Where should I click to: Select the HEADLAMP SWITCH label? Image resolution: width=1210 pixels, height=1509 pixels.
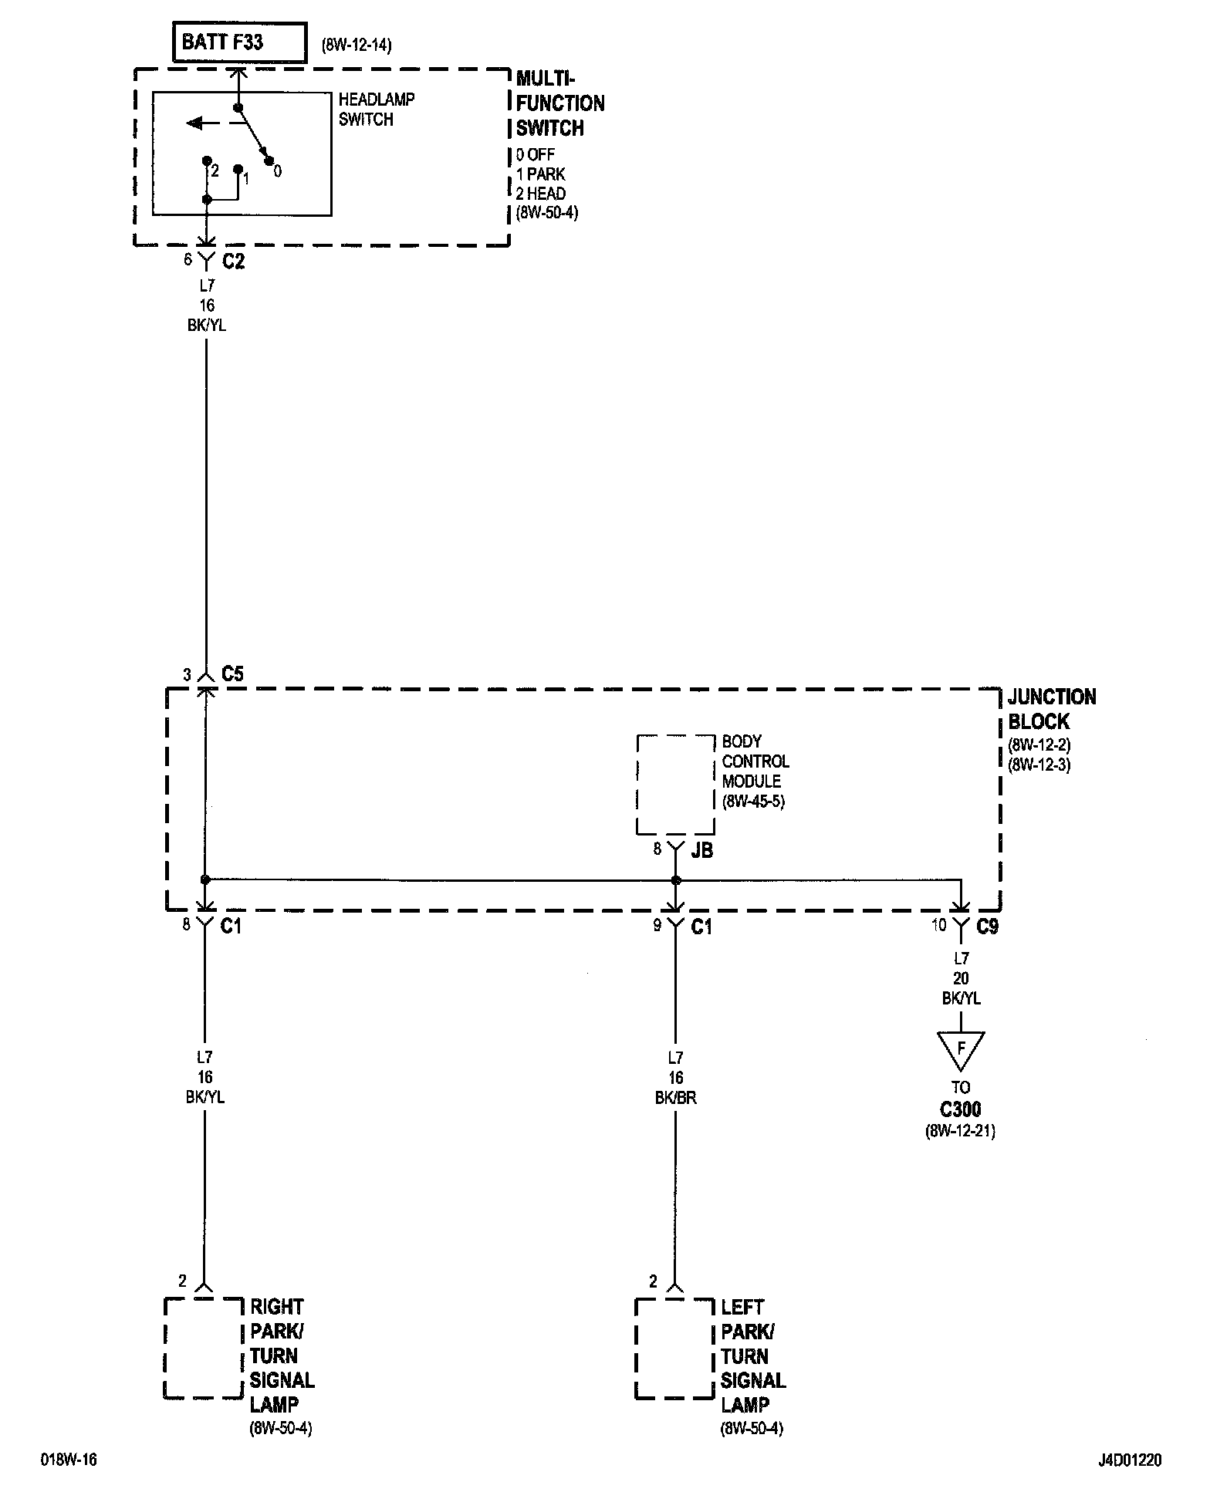(x=376, y=110)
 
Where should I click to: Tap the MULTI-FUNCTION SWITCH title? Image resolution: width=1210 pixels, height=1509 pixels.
(x=559, y=103)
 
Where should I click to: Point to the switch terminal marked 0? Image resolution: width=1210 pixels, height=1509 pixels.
(x=269, y=161)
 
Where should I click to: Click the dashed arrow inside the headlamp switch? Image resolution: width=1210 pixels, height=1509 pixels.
(x=204, y=123)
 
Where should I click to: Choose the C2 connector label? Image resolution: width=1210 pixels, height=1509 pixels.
(x=233, y=262)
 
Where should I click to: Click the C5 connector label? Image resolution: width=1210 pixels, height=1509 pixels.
(x=232, y=674)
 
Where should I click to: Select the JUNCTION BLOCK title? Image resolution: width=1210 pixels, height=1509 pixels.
(x=1051, y=709)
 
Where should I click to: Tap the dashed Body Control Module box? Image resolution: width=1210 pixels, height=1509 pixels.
(x=675, y=784)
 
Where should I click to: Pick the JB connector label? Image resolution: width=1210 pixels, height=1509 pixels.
(x=702, y=850)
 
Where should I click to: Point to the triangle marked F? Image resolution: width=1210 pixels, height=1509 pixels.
(x=961, y=1049)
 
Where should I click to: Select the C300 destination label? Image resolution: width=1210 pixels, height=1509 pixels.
(x=960, y=1110)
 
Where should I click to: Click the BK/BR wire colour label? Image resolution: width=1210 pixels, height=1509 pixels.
(x=675, y=1098)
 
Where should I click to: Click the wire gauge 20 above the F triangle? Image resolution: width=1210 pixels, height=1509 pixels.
(x=961, y=978)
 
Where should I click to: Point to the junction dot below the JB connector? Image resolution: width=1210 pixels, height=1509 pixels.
(x=676, y=880)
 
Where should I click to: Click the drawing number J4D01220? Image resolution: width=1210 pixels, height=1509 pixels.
(x=1130, y=1460)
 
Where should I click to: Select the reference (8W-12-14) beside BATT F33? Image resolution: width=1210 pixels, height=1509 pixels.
(x=357, y=46)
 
